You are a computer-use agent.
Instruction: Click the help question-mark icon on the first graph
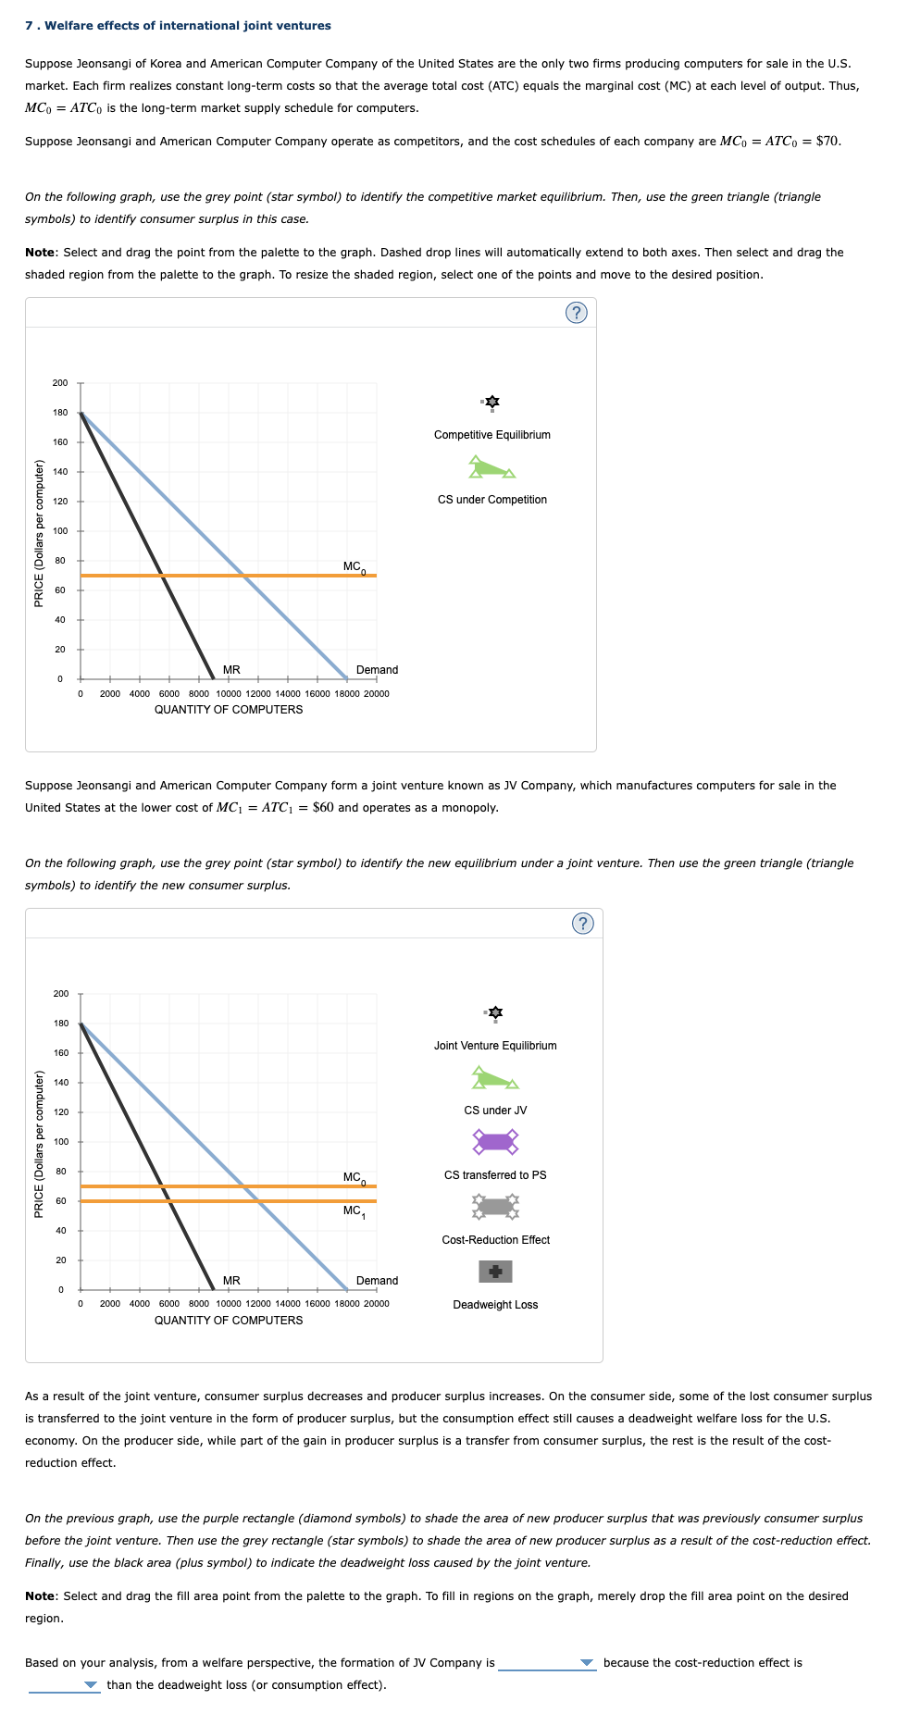click(576, 313)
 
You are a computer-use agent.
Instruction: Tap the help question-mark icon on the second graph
click(582, 924)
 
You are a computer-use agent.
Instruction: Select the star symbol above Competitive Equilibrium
click(492, 402)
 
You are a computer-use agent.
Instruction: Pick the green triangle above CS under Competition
click(491, 468)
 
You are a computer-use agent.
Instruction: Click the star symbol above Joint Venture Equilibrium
click(495, 1012)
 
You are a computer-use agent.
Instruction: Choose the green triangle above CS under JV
click(494, 1079)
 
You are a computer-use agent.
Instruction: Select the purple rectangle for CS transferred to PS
click(495, 1141)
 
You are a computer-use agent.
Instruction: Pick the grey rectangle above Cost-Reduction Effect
click(495, 1206)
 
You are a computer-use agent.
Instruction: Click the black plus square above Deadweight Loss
click(495, 1272)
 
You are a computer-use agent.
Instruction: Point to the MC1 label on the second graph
click(353, 1210)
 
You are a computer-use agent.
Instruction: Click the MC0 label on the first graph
click(354, 566)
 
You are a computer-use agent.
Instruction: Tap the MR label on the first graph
click(231, 670)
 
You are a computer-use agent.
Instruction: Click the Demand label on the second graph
click(377, 1281)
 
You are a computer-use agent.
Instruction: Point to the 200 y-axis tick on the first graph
click(60, 383)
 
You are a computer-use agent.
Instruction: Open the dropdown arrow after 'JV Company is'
click(586, 1663)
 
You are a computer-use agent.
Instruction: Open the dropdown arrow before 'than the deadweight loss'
click(91, 1685)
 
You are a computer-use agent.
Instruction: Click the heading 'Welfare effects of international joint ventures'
click(187, 26)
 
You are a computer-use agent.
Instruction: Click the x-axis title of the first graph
click(229, 710)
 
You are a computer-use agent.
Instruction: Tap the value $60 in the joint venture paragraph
click(323, 808)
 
